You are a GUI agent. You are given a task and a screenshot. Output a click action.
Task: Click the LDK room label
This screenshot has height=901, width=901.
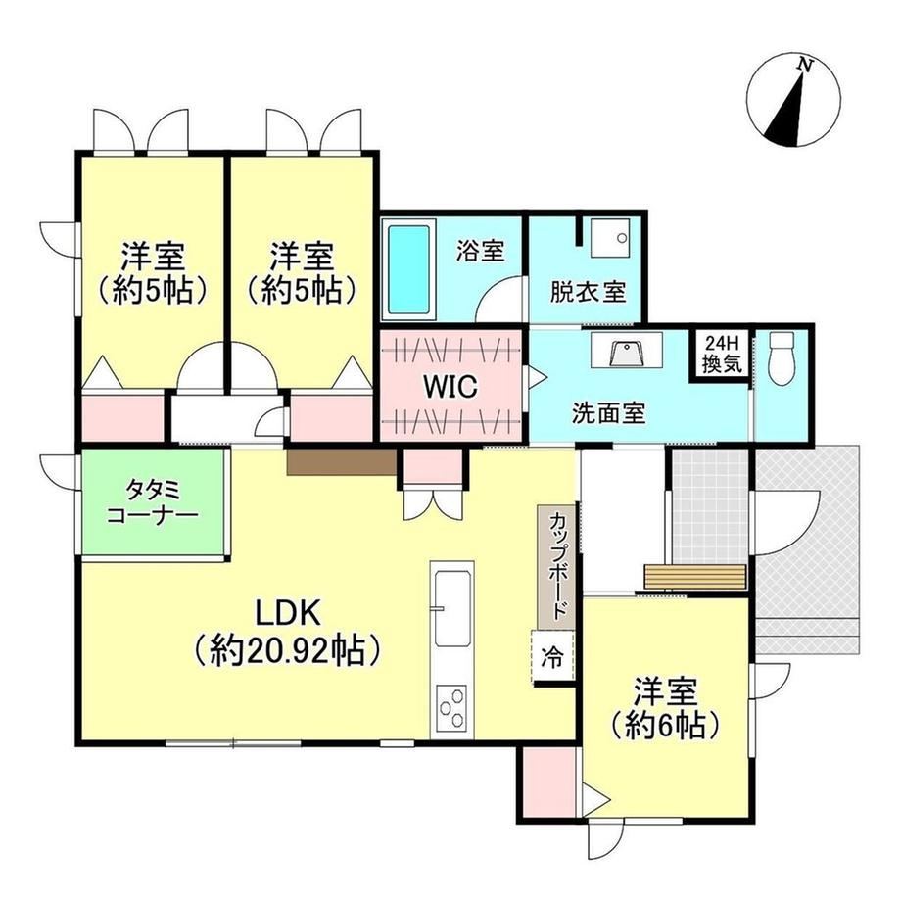point(287,614)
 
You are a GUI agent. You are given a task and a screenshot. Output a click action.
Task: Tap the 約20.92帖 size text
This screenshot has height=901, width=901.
point(287,650)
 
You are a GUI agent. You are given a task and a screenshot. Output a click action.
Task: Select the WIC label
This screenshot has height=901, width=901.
point(450,386)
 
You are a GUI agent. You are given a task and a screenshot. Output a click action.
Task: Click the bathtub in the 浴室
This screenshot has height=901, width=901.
point(409,268)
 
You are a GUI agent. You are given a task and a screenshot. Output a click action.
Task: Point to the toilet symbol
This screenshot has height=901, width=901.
point(781,359)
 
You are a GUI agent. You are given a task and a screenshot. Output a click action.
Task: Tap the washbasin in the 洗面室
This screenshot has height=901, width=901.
point(627,351)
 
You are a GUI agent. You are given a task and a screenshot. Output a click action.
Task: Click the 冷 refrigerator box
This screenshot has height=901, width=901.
point(552,657)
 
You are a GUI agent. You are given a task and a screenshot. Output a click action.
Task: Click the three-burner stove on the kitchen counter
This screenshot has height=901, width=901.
point(451,707)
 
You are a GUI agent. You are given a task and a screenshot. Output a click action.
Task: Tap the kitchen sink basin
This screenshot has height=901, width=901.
point(452,608)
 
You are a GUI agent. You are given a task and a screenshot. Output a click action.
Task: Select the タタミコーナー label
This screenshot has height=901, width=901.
point(153,502)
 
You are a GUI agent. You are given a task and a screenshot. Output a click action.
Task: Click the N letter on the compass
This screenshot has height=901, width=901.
point(806,66)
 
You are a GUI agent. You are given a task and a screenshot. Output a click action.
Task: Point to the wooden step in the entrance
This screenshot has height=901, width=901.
point(694,576)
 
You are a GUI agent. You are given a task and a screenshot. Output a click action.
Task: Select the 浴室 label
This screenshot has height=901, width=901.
point(481,251)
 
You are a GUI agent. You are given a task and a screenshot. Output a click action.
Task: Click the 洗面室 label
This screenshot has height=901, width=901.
point(609,413)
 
